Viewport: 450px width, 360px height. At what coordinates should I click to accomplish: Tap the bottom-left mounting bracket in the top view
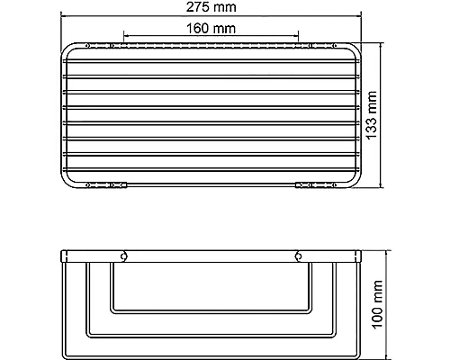click(106, 186)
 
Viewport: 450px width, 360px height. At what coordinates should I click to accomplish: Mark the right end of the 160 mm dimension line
click(301, 37)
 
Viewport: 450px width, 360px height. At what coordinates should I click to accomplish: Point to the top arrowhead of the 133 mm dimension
click(387, 41)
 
